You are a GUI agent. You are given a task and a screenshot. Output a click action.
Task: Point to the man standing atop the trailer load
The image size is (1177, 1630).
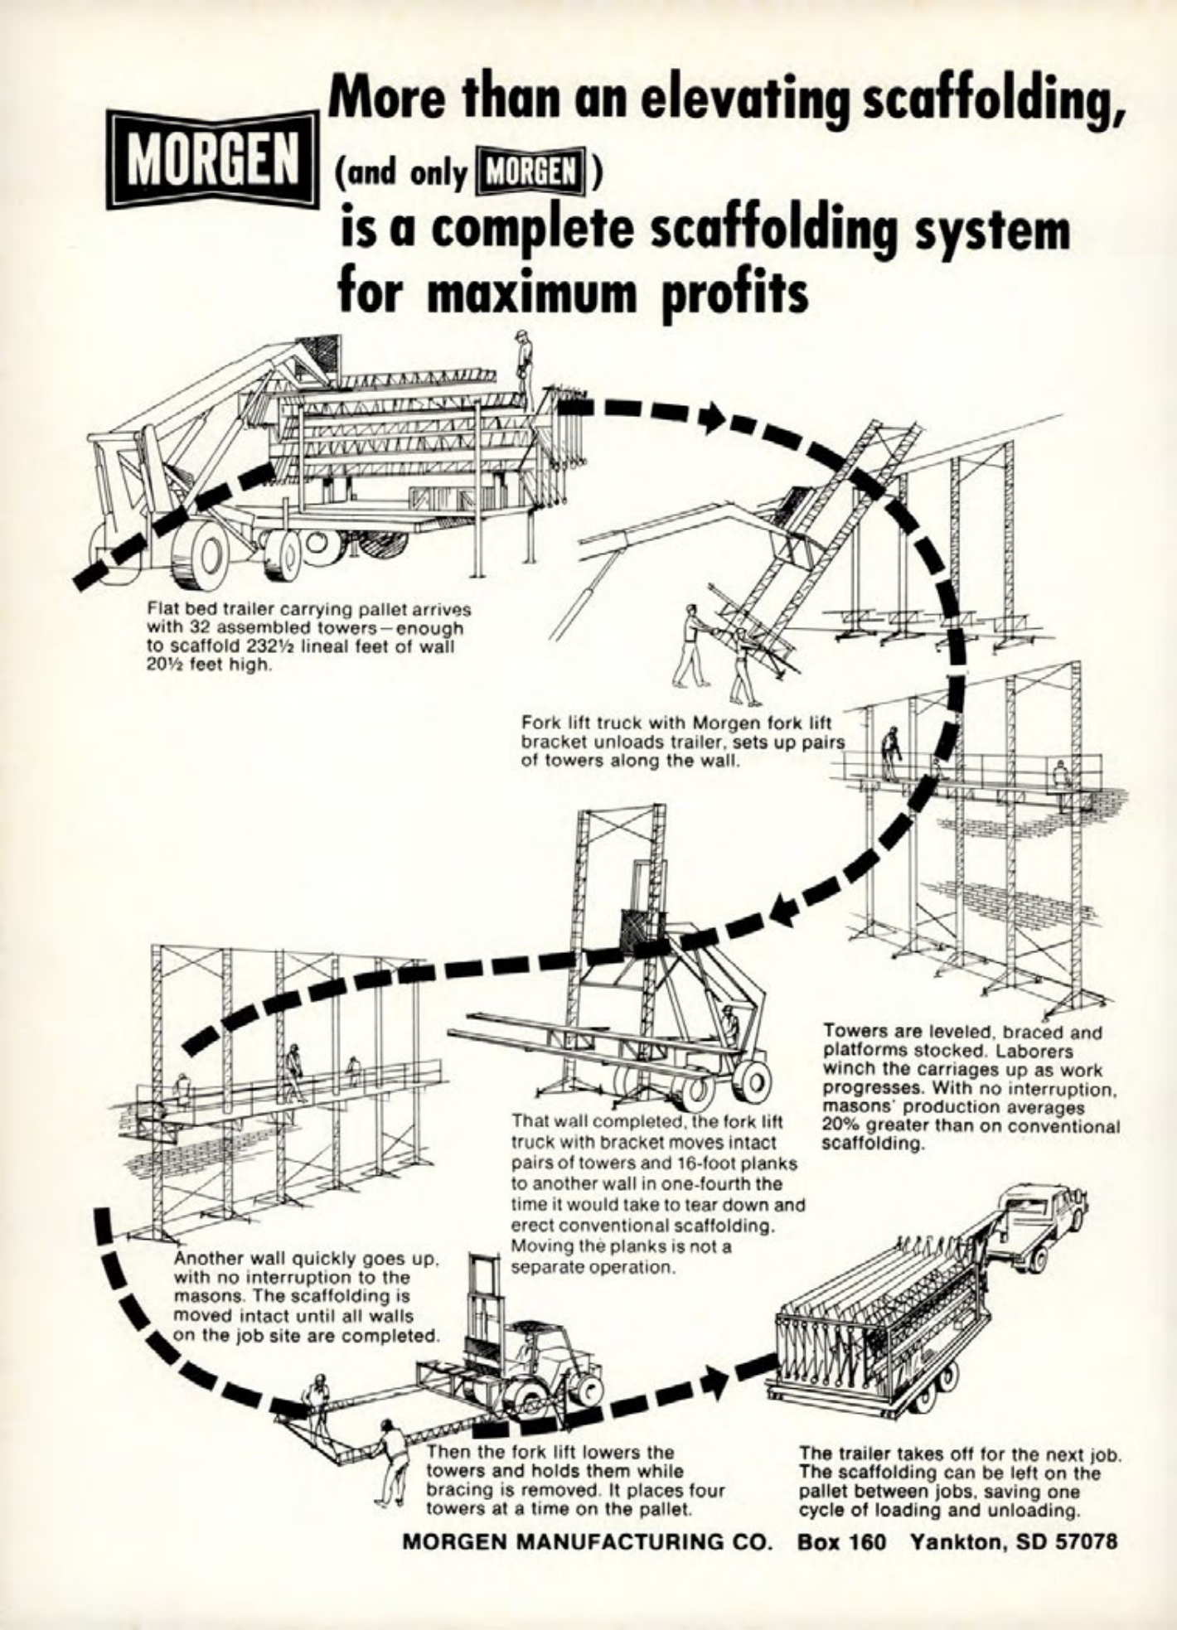[x=523, y=360]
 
